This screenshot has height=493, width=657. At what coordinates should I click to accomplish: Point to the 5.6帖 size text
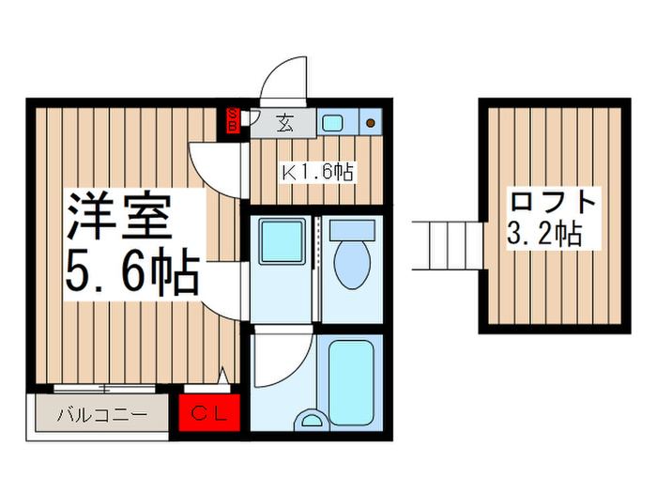[131, 273]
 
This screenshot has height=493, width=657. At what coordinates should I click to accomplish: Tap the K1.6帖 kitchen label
[318, 172]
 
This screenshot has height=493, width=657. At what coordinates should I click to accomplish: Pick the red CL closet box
[211, 411]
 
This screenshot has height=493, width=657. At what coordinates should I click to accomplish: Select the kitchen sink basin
[333, 121]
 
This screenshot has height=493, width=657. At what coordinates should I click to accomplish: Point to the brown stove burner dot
[371, 122]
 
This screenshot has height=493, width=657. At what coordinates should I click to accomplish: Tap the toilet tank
[354, 231]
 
